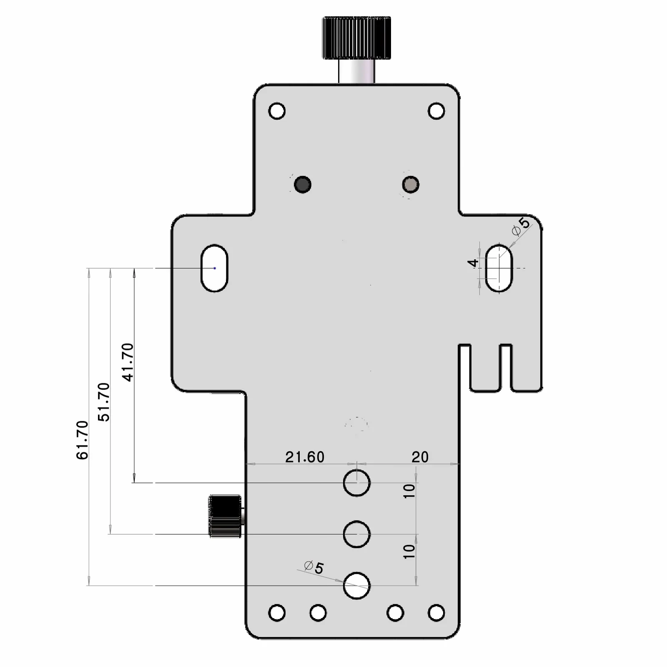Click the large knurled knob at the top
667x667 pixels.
pyautogui.click(x=356, y=37)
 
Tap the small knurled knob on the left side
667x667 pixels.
pyautogui.click(x=225, y=516)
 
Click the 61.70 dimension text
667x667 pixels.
pyautogui.click(x=83, y=440)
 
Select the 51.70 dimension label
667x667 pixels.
pyautogui.click(x=104, y=402)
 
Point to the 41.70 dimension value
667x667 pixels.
pyautogui.click(x=128, y=362)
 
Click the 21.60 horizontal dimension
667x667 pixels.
pyautogui.click(x=305, y=457)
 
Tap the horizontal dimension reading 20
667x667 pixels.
pyautogui.click(x=420, y=457)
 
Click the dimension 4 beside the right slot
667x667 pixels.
pyautogui.click(x=473, y=263)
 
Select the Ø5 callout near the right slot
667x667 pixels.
pyautogui.click(x=521, y=225)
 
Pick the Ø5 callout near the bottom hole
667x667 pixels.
pyautogui.click(x=314, y=567)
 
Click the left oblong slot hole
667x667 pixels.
pyautogui.click(x=214, y=268)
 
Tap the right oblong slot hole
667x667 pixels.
pyautogui.click(x=499, y=268)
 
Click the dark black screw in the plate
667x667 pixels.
pyautogui.click(x=302, y=184)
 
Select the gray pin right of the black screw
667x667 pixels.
pyautogui.click(x=411, y=184)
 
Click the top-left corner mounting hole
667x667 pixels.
pyautogui.click(x=277, y=111)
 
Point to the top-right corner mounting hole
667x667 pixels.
pyautogui.click(x=436, y=111)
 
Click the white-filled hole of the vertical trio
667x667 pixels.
pyautogui.click(x=357, y=585)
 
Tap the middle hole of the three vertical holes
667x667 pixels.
pyautogui.click(x=357, y=534)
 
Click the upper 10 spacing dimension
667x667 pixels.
pyautogui.click(x=409, y=491)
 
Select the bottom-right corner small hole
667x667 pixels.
pyautogui.click(x=436, y=613)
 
